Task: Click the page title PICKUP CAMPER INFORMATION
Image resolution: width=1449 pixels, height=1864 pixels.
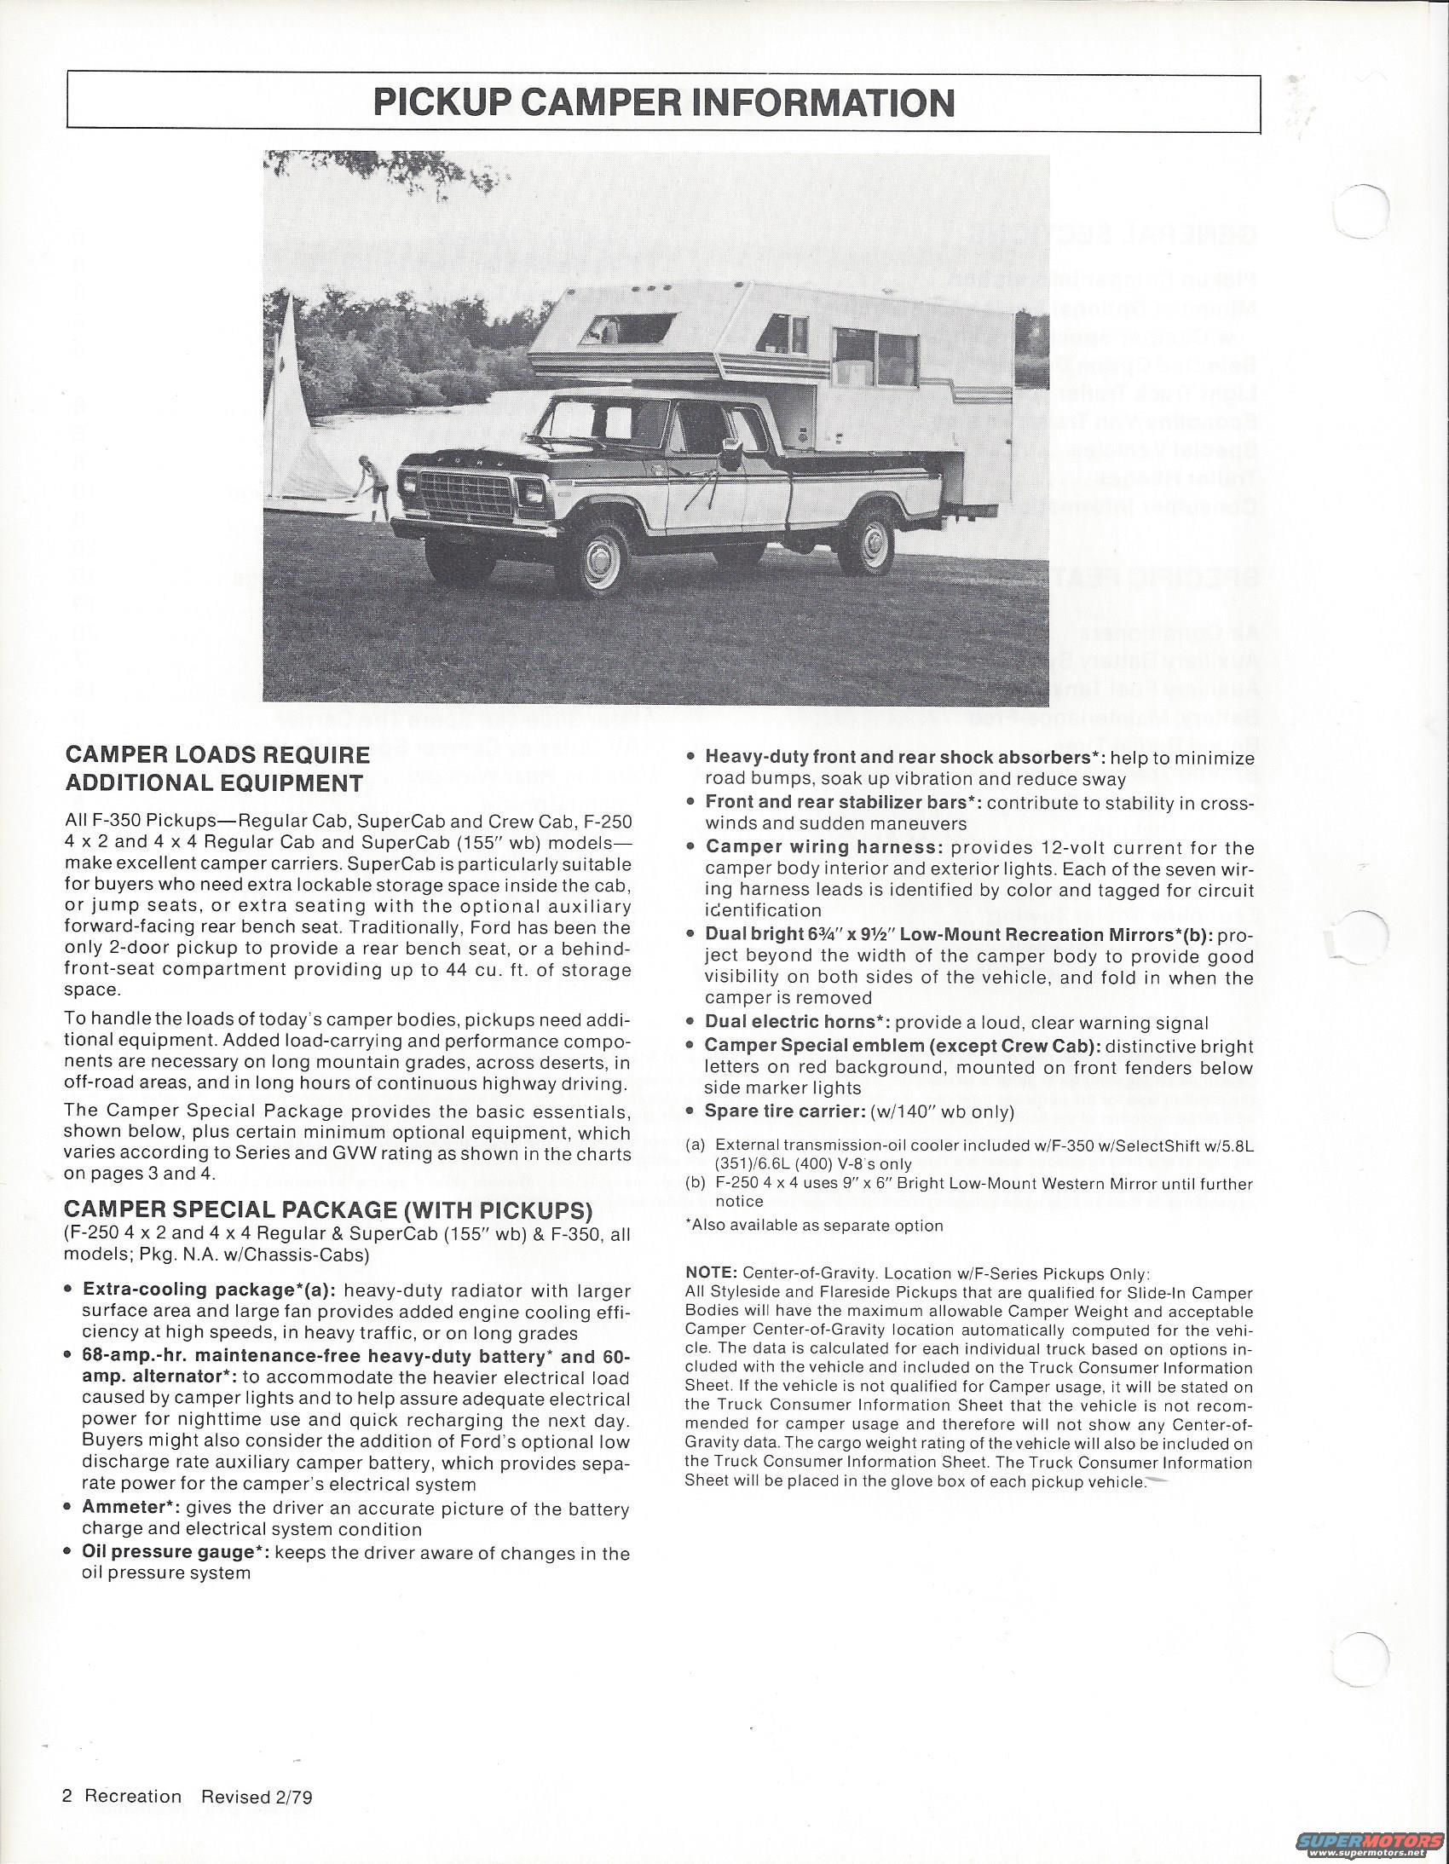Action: (664, 102)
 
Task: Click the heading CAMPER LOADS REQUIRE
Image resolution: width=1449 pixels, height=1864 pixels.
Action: (217, 754)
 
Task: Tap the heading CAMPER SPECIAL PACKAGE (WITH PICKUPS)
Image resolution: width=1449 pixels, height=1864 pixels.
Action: (327, 1209)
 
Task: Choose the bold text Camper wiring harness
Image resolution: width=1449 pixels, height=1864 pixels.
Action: (823, 847)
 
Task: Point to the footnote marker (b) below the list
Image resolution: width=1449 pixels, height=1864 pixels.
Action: (696, 1184)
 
